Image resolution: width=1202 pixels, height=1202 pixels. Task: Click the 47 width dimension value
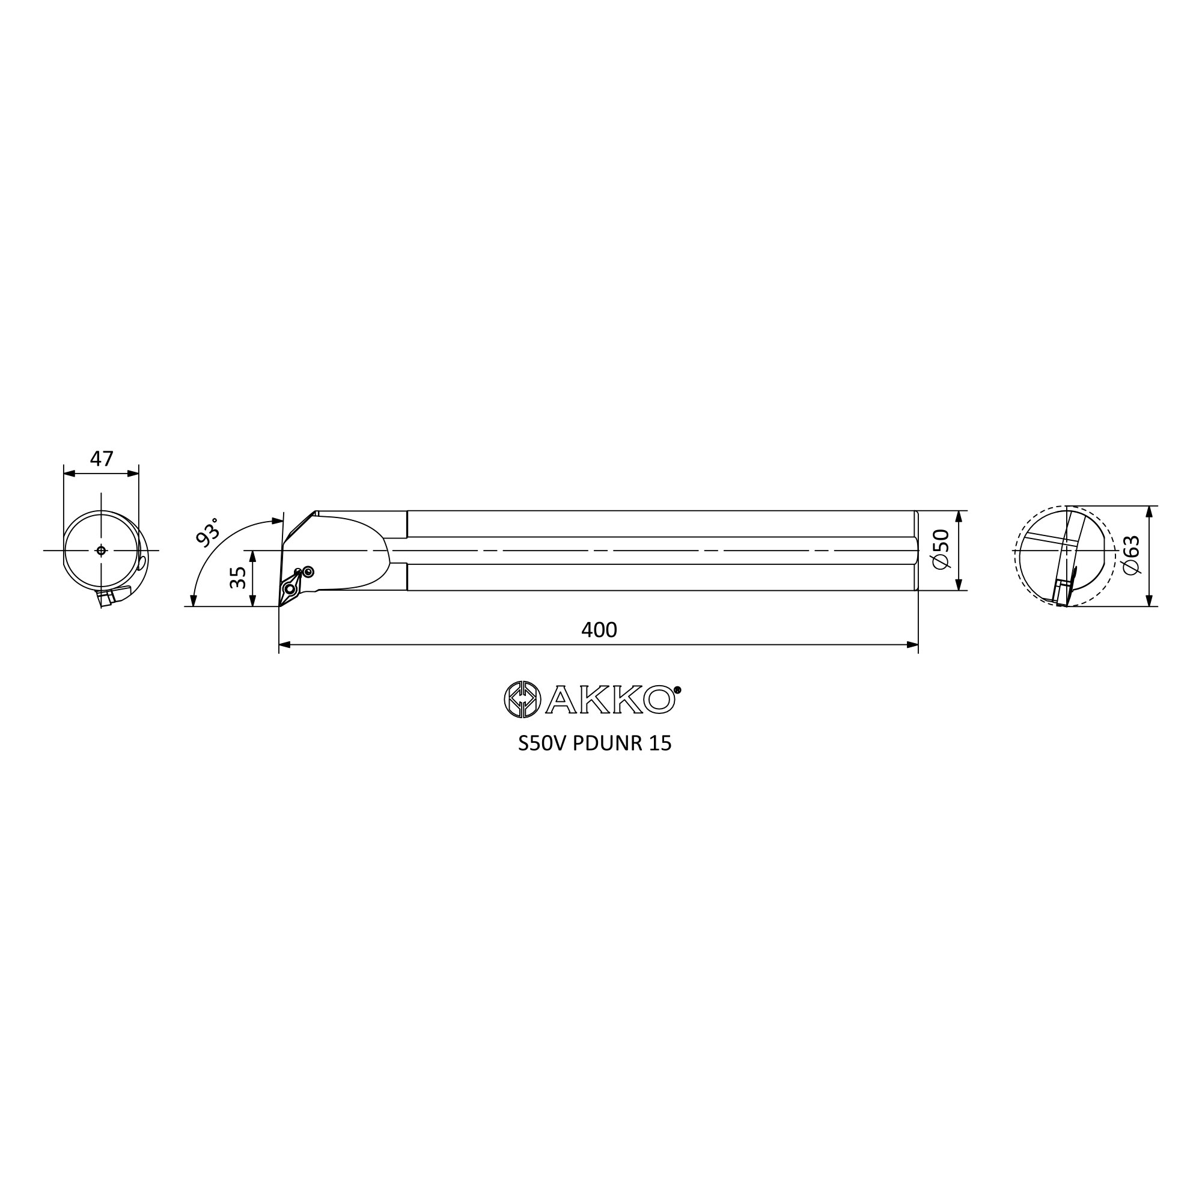point(102,459)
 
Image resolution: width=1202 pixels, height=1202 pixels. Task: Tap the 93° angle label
point(208,531)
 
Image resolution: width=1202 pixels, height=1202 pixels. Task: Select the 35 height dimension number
point(238,578)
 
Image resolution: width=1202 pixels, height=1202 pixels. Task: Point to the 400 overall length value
point(599,630)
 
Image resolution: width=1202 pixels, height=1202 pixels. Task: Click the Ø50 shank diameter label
point(941,549)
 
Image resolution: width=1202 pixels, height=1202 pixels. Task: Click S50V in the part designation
point(543,744)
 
